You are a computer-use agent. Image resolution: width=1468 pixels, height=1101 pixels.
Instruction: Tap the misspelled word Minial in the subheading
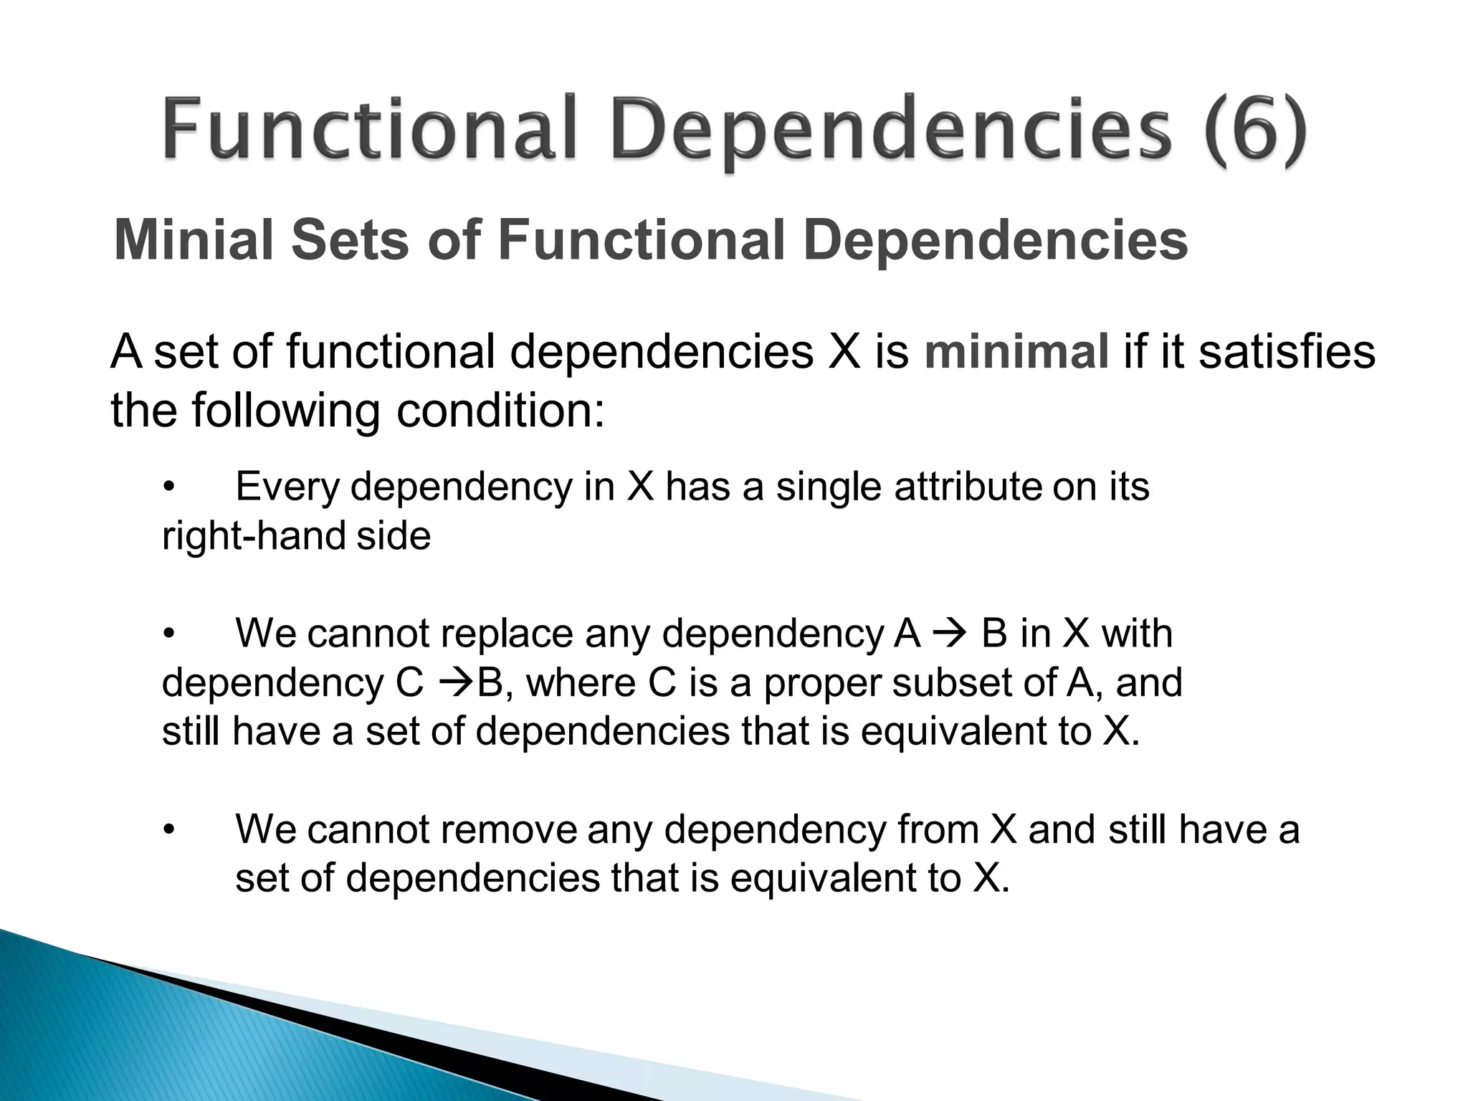pos(194,240)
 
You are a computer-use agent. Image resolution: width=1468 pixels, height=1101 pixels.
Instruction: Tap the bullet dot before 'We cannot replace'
pos(168,635)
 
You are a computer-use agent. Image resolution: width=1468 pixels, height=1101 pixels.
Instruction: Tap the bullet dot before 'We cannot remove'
pos(168,831)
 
